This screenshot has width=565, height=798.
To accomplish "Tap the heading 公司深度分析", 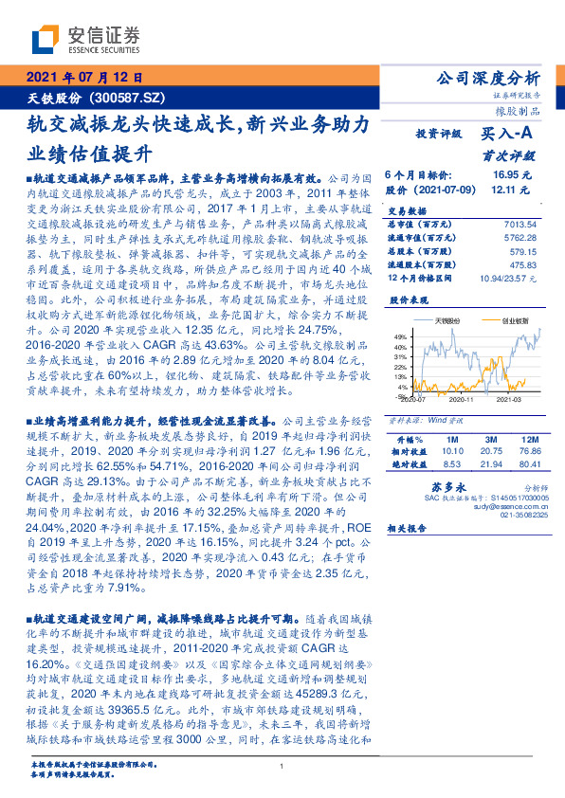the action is pos(485,79).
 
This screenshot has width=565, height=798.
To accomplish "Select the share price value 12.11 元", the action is pos(512,190).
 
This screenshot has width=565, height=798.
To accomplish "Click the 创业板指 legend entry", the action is pos(513,321).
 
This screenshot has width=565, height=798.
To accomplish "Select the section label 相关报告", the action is pos(410,536).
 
